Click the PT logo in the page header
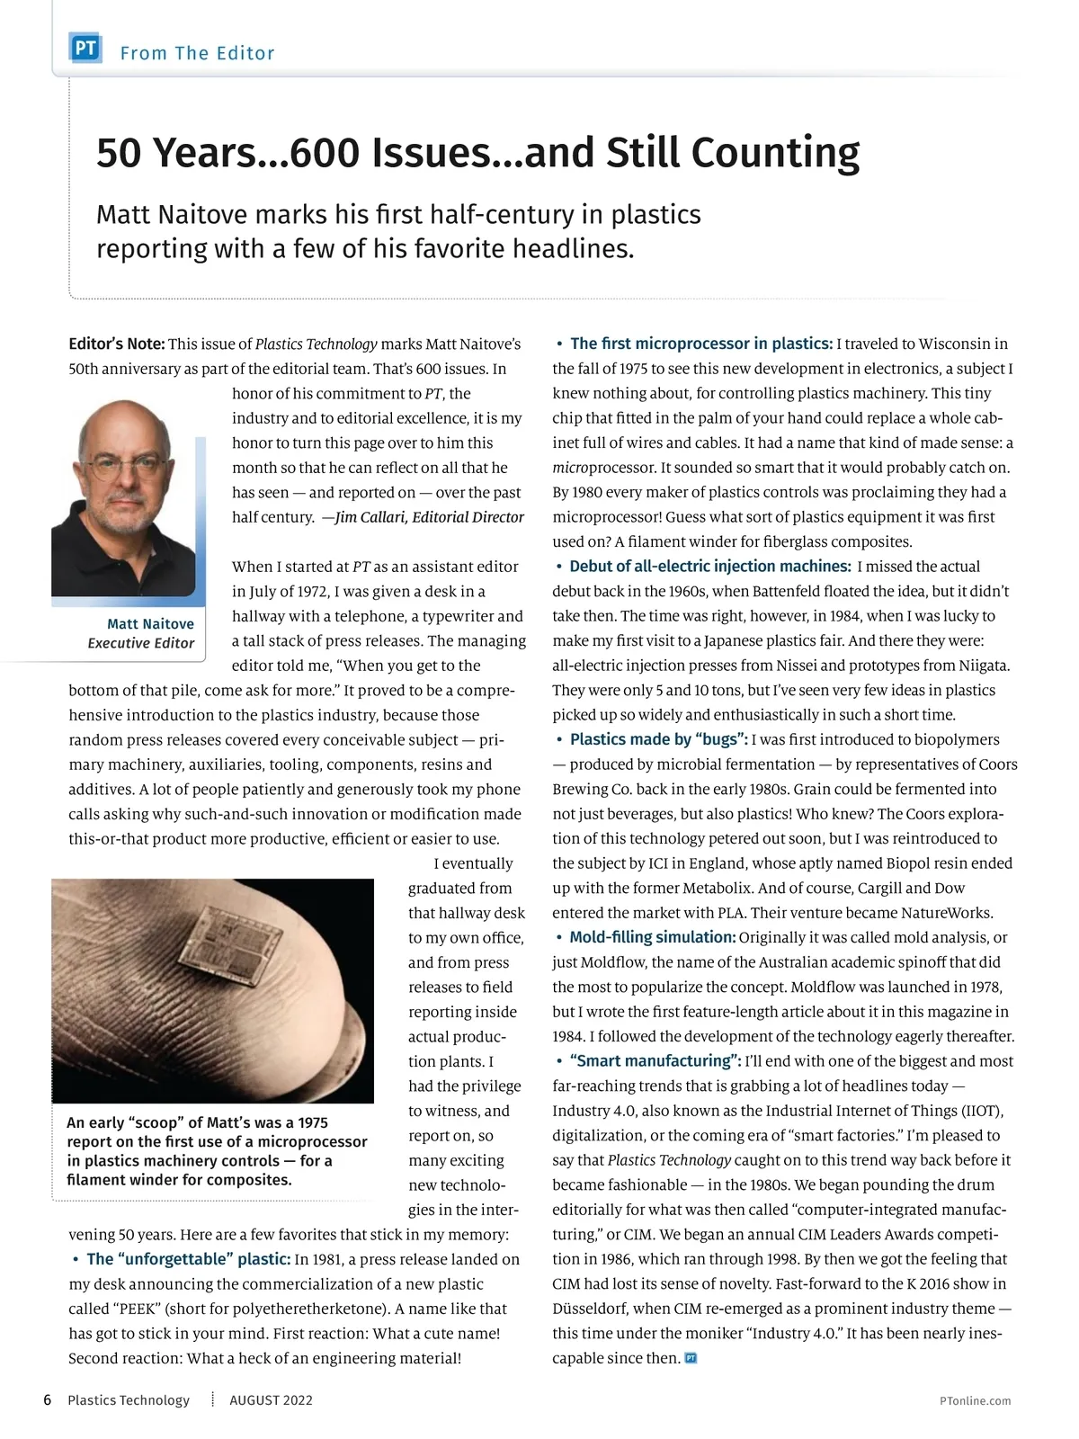pos(85,49)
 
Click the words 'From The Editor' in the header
pos(197,53)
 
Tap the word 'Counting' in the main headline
pos(774,153)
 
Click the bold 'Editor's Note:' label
pos(117,344)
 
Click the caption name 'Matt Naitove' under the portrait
pos(150,623)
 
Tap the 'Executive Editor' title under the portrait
pos(141,643)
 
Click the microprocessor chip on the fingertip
pos(224,954)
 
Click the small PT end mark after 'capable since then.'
pos(691,1358)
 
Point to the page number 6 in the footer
pos(48,1400)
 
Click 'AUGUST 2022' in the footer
pos(271,1400)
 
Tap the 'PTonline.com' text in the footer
pos(975,1400)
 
